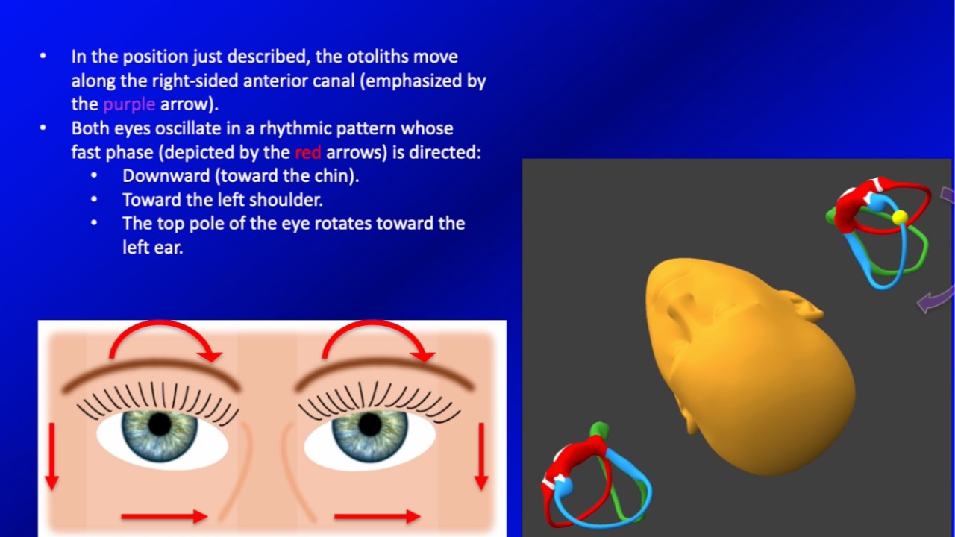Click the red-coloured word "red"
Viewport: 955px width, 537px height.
307,152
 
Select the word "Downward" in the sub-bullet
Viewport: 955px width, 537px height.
166,176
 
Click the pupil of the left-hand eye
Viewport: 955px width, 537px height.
160,424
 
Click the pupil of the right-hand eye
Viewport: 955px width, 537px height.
369,424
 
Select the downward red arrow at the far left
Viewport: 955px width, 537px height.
51,456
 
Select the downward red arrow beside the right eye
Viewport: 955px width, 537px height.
481,456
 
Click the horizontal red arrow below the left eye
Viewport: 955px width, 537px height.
164,517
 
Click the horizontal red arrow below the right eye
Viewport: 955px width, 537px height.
378,517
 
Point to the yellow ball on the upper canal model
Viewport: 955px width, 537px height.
900,217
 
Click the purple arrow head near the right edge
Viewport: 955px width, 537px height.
926,304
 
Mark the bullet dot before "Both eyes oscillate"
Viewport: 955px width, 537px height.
43,128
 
